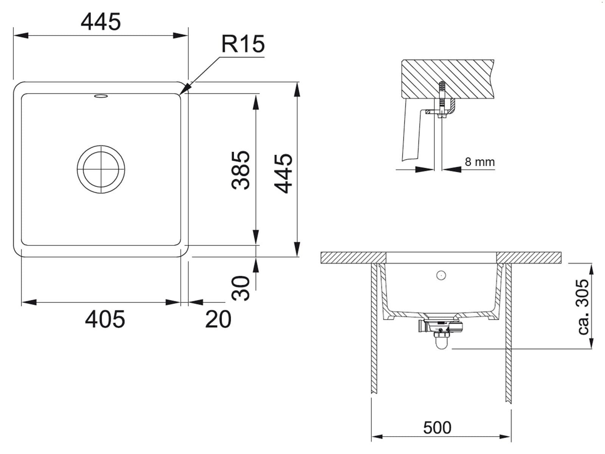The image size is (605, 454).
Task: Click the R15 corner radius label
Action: click(243, 44)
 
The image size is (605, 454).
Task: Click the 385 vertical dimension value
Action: click(240, 170)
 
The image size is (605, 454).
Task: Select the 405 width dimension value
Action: click(105, 319)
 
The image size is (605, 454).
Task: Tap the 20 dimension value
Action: click(218, 319)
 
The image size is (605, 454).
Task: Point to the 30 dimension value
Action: click(240, 288)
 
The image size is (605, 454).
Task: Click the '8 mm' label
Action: click(479, 162)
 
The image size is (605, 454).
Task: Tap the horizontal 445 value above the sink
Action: click(101, 22)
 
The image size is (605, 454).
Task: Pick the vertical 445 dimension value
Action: click(283, 173)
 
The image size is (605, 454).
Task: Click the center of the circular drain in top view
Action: click(101, 169)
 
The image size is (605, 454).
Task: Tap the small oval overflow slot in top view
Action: click(101, 96)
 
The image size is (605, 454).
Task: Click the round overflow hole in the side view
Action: click(441, 275)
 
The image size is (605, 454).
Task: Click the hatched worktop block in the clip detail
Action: click(448, 79)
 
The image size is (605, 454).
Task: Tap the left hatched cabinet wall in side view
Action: click(374, 328)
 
